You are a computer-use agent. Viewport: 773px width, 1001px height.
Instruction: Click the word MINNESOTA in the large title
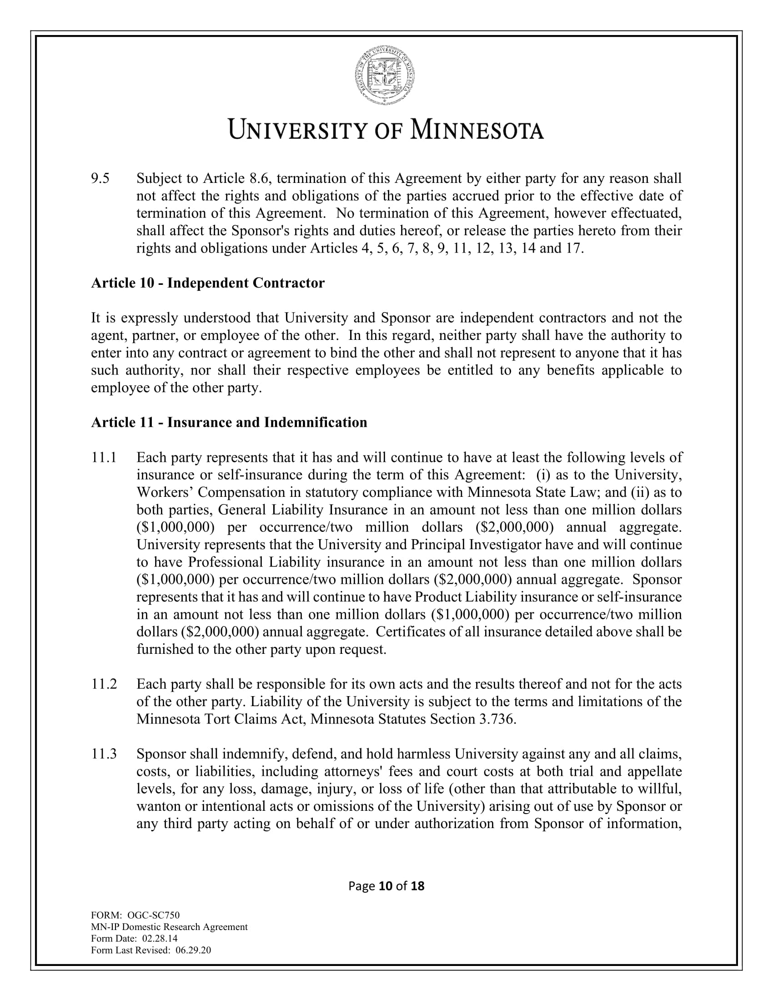click(476, 130)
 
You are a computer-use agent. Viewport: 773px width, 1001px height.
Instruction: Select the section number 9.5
click(100, 178)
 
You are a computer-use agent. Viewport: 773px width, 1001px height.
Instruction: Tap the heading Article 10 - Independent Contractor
click(207, 283)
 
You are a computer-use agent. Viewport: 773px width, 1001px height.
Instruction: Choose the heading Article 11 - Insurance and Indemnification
click(229, 422)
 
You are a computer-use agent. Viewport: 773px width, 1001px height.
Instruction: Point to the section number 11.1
click(104, 457)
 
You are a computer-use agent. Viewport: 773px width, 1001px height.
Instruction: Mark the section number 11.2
click(104, 684)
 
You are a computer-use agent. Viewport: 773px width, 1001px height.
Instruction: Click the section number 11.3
click(104, 754)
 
